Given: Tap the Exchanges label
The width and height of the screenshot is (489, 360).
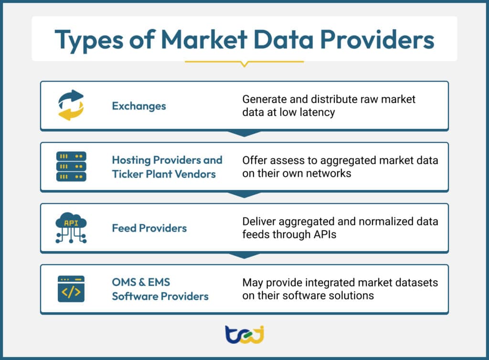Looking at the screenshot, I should pyautogui.click(x=139, y=106).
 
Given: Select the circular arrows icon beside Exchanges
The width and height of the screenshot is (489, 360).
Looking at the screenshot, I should pyautogui.click(x=71, y=106).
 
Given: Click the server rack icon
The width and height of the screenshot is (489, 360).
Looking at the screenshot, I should pyautogui.click(x=71, y=166).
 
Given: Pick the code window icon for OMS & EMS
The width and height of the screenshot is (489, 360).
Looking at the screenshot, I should pyautogui.click(x=71, y=288).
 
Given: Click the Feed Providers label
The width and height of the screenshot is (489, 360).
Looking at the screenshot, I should pyautogui.click(x=149, y=228).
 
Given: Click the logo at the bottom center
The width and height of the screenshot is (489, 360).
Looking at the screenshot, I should pyautogui.click(x=244, y=334).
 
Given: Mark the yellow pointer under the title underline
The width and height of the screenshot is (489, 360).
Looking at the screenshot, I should pyautogui.click(x=244, y=64).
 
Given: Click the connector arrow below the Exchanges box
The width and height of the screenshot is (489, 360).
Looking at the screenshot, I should pyautogui.click(x=244, y=133).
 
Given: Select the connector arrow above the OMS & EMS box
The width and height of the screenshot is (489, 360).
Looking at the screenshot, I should pyautogui.click(x=244, y=255).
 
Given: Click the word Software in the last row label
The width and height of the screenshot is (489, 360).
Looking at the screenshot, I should pyautogui.click(x=134, y=296).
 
